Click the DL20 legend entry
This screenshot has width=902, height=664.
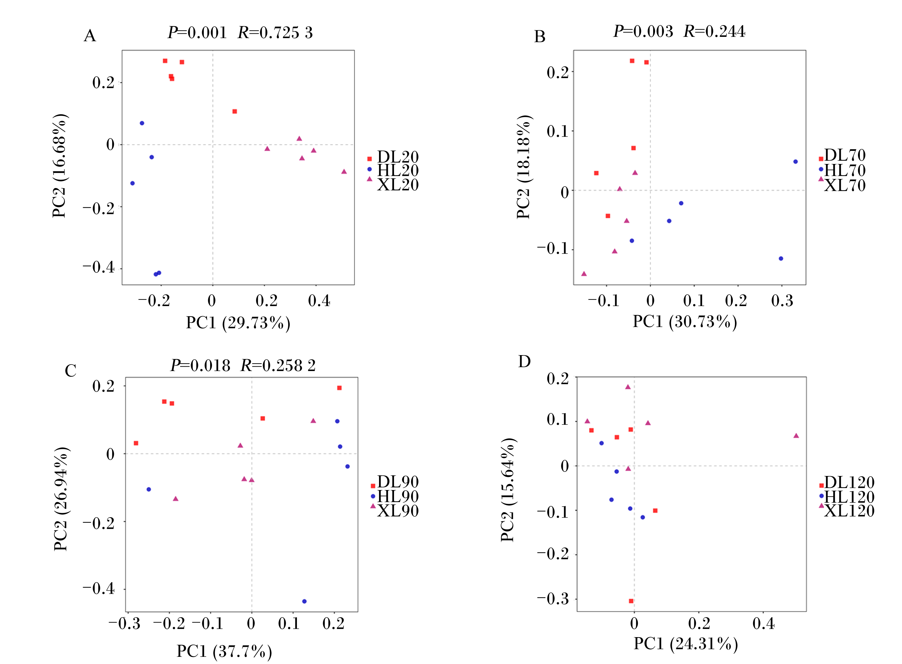pyautogui.click(x=393, y=157)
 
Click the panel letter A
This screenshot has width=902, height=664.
pyautogui.click(x=90, y=36)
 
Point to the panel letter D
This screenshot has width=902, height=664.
pyautogui.click(x=524, y=362)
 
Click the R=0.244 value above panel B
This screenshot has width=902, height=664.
pyautogui.click(x=714, y=31)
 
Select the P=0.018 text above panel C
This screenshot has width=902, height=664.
pyautogui.click(x=200, y=365)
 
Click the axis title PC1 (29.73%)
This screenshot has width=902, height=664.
pyautogui.click(x=238, y=323)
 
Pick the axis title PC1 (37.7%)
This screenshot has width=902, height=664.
pyautogui.click(x=224, y=651)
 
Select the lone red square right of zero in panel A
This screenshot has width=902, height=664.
pyautogui.click(x=235, y=111)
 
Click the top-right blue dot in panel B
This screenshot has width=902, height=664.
pyautogui.click(x=796, y=161)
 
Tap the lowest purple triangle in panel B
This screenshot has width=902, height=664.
pyautogui.click(x=584, y=274)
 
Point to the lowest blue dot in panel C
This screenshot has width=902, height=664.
pyautogui.click(x=304, y=601)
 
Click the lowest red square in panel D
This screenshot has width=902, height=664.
pyautogui.click(x=631, y=601)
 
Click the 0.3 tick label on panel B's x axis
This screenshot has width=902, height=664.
pyautogui.click(x=782, y=301)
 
